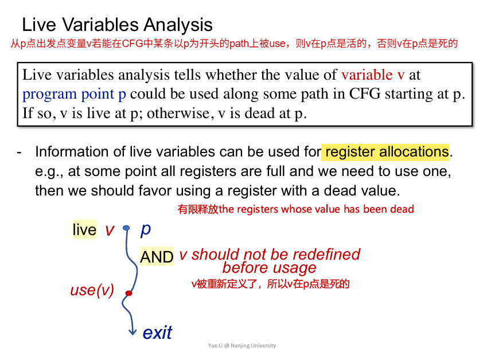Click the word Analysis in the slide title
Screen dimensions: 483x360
point(178,25)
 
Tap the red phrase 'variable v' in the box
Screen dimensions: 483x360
point(373,75)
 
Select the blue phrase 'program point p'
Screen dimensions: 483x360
point(74,95)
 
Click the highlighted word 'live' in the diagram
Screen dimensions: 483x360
point(84,230)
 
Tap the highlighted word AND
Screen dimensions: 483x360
point(157,257)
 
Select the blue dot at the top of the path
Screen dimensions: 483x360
point(126,228)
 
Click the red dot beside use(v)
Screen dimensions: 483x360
point(128,293)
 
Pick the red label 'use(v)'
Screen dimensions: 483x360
point(92,290)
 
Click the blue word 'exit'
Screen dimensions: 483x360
point(157,332)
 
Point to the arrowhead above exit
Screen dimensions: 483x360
point(133,332)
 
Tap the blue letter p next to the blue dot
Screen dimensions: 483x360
point(145,230)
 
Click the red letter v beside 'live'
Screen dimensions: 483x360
point(110,230)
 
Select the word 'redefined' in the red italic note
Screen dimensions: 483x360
point(326,255)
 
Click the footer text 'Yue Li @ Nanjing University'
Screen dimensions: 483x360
point(242,346)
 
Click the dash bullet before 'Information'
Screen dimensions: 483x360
point(19,152)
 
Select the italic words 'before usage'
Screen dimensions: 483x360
point(269,268)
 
